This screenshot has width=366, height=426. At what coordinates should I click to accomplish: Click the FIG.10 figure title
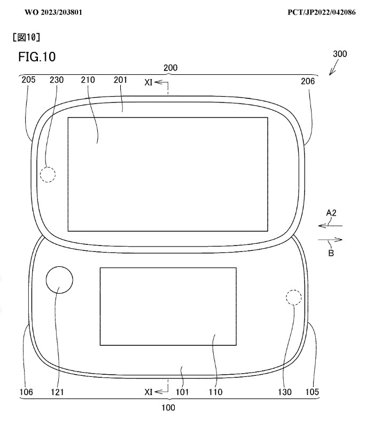(37, 57)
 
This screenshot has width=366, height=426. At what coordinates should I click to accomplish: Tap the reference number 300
(340, 54)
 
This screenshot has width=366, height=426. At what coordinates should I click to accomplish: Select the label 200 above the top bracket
(170, 68)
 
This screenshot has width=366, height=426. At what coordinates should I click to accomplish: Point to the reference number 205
(28, 80)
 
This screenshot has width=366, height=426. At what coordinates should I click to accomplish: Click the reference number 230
(57, 80)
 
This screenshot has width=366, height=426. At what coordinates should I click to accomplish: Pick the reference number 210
(88, 80)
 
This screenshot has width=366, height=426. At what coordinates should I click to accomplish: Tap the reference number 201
(120, 80)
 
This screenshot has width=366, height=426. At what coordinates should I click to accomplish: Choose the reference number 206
(308, 81)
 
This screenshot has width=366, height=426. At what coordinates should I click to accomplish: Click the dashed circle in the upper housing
(48, 167)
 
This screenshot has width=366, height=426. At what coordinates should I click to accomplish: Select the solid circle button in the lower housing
(59, 266)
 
